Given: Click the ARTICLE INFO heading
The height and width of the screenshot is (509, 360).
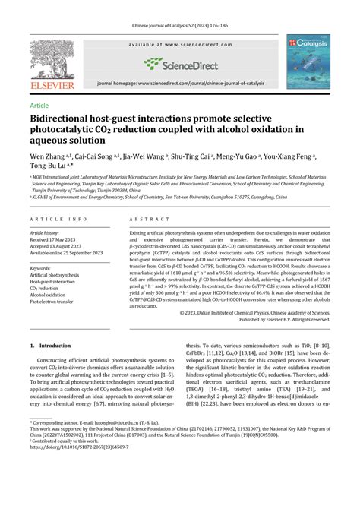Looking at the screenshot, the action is point(53,220).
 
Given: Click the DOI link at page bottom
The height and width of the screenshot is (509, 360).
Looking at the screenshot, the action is point(77,468).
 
